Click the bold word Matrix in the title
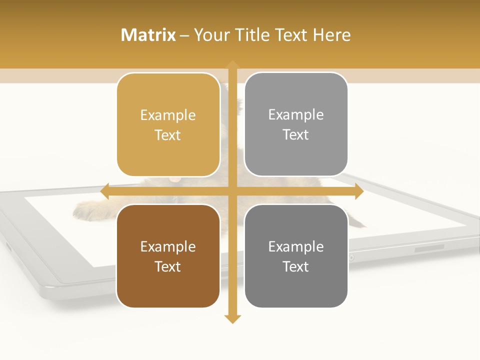coord(148,35)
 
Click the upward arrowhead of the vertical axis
coord(232,65)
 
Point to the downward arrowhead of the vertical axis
coord(232,318)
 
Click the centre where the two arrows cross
coord(232,191)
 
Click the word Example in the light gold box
coord(168,115)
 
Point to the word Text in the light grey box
coord(296,135)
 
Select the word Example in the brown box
coord(168,247)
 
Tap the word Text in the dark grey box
coord(296,267)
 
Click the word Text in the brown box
coord(168,267)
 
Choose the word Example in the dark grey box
coord(296,247)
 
